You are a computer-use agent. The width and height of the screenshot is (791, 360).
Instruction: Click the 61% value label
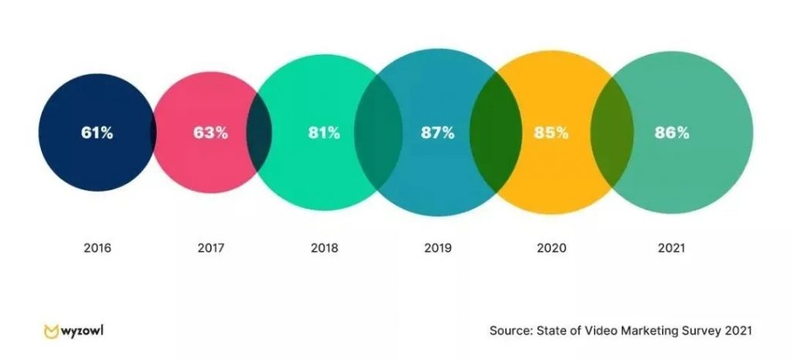coord(97,132)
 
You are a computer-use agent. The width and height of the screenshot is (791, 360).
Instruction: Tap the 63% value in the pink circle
coord(210,132)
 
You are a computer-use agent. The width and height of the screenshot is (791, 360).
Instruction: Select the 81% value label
coord(323,132)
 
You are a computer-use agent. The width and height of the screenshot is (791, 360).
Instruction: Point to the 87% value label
coord(437,132)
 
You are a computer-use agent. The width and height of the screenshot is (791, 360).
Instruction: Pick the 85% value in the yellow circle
coord(551,132)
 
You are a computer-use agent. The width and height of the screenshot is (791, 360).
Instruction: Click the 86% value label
coord(670,132)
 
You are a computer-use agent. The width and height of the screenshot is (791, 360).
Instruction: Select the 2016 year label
coord(97,249)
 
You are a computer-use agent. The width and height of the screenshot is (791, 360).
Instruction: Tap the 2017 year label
coord(210,249)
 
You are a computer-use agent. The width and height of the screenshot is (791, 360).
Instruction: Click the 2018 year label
coord(324,249)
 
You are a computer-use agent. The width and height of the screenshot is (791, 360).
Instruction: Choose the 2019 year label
coord(437,249)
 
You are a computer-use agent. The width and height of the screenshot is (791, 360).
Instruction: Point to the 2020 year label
coord(552,249)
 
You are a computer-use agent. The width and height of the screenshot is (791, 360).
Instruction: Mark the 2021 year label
coord(670,249)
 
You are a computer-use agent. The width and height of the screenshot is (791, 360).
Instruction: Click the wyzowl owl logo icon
coord(51,331)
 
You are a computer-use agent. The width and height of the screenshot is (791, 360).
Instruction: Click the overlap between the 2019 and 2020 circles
coord(484,133)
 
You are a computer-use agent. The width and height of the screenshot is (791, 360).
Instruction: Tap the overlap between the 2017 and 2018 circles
coord(259,133)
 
